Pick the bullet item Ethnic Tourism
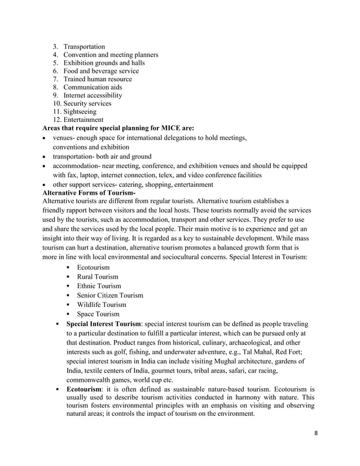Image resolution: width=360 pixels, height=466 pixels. tap(99, 286)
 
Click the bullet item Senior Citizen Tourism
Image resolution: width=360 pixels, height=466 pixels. tap(110, 296)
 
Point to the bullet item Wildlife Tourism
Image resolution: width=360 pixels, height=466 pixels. tap(102, 305)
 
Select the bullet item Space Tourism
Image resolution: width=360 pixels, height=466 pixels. tap(98, 314)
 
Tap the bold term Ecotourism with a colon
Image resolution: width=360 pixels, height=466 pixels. tap(87, 389)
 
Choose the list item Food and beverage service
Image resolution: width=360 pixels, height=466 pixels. tap(101, 71)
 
